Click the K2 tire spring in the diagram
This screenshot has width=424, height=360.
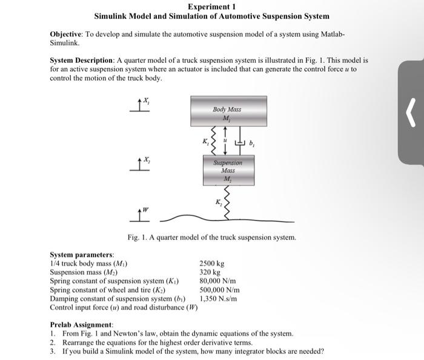227,201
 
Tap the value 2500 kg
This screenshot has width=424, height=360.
212,264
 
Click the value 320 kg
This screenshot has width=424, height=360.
210,273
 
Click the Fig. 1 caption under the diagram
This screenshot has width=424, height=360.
211,238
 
